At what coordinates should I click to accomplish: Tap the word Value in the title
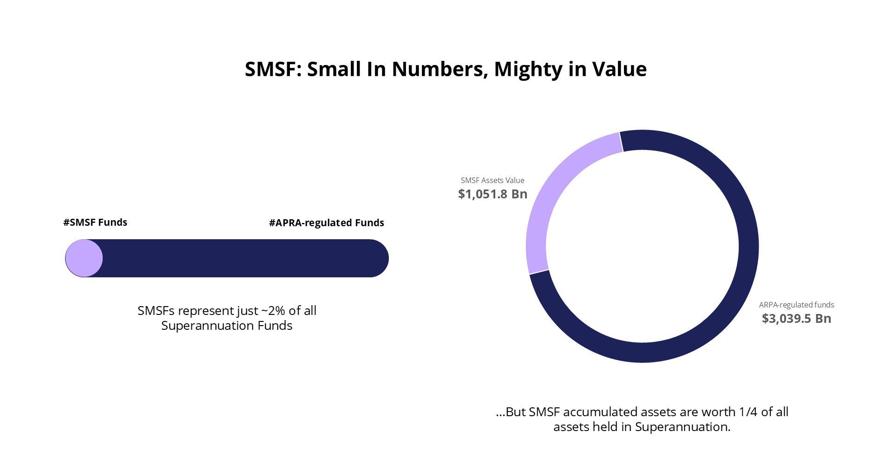tap(619, 69)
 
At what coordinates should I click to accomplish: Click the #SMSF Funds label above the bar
tap(95, 222)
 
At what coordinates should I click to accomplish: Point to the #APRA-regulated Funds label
tap(327, 223)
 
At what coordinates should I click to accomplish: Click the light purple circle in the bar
tap(84, 258)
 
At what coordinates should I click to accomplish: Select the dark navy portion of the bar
tap(242, 258)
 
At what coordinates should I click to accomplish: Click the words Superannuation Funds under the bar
tap(227, 326)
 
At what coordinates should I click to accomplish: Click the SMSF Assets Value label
tap(492, 180)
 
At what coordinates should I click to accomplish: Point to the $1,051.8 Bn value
tap(492, 194)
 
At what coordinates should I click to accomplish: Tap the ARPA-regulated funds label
tap(796, 305)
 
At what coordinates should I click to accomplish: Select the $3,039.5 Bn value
tap(796, 318)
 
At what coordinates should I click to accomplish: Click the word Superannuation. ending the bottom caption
tap(682, 427)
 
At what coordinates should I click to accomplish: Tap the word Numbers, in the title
tap(439, 69)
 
